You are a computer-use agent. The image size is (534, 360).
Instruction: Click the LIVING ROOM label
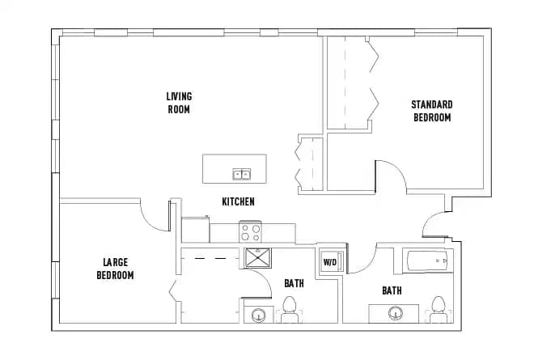tap(179, 103)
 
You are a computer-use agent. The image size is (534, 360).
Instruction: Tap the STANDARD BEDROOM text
tap(431, 111)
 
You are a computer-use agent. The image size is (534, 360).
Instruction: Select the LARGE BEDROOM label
tap(115, 269)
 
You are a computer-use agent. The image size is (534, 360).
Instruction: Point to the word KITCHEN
tap(239, 201)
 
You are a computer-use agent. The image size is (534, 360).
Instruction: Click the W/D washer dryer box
tap(330, 262)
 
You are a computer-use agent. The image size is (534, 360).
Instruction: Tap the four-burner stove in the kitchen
tap(250, 233)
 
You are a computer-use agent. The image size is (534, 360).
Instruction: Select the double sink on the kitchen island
tap(242, 174)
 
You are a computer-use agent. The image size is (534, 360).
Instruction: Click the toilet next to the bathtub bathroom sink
tap(439, 308)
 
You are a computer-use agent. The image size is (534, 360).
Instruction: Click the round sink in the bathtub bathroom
tap(396, 313)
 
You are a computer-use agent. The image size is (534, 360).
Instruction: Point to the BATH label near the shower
tap(294, 283)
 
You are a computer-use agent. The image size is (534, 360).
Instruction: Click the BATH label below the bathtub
tap(392, 290)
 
